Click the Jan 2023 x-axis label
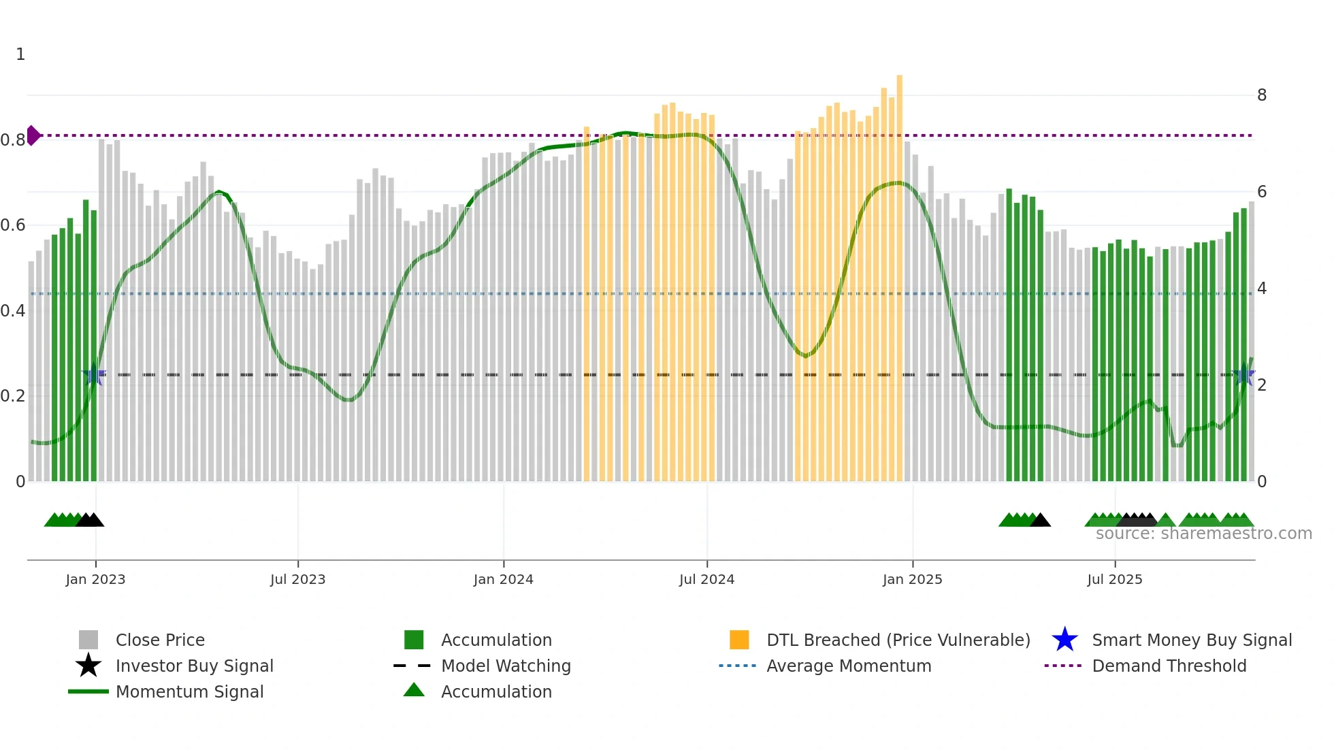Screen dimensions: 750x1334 coord(95,580)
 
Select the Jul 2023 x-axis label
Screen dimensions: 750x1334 coord(297,580)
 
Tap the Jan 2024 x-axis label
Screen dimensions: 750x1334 coord(503,580)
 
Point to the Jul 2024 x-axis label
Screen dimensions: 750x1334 coord(706,580)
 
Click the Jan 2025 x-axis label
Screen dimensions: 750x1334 coord(912,580)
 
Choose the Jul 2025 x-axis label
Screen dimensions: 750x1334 coord(1114,580)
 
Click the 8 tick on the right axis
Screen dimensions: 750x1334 coord(1261,95)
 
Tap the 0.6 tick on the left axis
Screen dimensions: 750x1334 coord(13,225)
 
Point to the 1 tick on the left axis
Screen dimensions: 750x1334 coord(20,54)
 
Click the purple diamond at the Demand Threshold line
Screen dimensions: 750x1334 coord(33,135)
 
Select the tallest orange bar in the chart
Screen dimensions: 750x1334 coord(899,272)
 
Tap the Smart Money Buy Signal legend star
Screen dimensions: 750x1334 coord(1064,640)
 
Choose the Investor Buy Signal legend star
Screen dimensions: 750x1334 coord(88,666)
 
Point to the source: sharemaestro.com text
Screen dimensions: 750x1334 coord(1203,534)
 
